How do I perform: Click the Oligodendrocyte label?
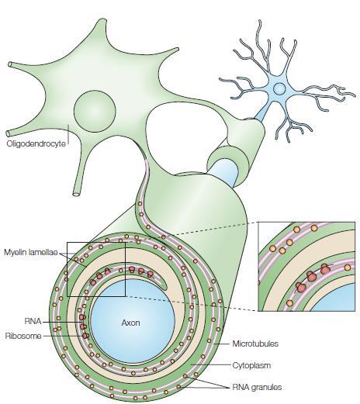[36, 143]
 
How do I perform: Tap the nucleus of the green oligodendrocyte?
[95, 111]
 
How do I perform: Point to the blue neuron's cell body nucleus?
[279, 88]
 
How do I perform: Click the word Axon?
[130, 323]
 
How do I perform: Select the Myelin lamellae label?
[31, 252]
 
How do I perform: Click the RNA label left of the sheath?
[33, 321]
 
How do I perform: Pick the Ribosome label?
[23, 336]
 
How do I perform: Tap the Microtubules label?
[255, 344]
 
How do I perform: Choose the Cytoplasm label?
[251, 365]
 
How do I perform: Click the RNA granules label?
[257, 387]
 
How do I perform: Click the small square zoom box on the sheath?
[67, 269]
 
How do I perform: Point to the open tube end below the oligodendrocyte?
[77, 194]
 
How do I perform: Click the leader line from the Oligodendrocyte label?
[68, 134]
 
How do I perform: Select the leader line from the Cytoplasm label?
[211, 365]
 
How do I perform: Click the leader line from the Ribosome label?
[64, 336]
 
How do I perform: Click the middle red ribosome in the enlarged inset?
[311, 277]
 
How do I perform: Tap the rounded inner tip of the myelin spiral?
[165, 286]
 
